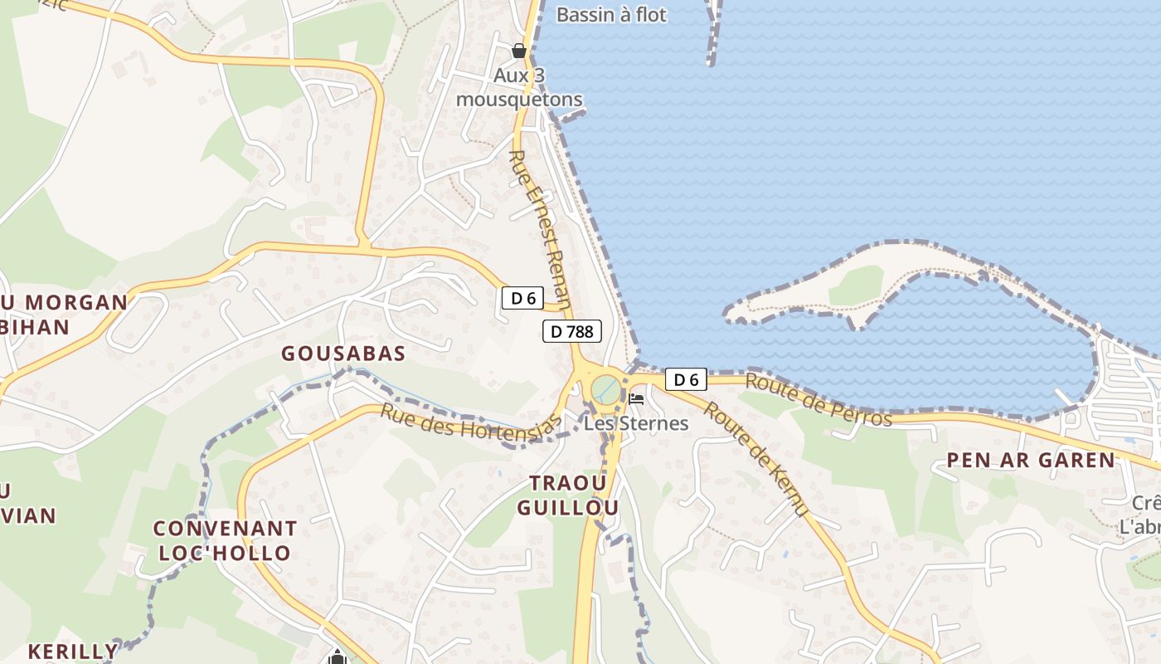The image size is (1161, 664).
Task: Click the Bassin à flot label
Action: [611, 15]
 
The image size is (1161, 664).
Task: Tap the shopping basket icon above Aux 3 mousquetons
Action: [519, 51]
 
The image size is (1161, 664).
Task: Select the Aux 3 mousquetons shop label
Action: [519, 88]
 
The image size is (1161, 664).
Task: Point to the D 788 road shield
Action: [571, 332]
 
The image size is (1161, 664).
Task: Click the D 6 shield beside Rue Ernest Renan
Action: [522, 299]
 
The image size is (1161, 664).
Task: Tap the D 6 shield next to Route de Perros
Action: [686, 380]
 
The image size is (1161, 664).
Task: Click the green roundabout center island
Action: [606, 388]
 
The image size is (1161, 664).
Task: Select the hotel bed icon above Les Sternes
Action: [636, 399]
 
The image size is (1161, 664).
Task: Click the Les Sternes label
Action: [636, 423]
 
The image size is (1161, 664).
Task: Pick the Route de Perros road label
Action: [819, 400]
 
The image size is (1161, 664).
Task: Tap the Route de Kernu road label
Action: [755, 459]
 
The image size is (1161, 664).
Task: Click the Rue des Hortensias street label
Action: [470, 423]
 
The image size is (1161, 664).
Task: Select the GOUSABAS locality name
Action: [343, 354]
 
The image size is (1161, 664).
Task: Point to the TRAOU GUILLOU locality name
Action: [568, 496]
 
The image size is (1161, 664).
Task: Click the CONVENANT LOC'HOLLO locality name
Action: [225, 541]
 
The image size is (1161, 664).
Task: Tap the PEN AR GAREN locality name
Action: [1031, 461]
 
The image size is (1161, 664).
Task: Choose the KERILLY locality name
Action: [73, 652]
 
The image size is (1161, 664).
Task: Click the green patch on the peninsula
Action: [856, 285]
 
